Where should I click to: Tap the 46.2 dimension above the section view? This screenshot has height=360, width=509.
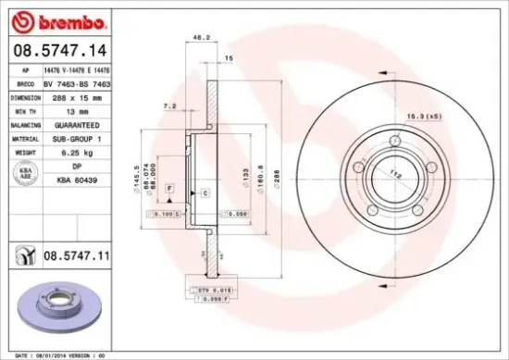coord(197,38)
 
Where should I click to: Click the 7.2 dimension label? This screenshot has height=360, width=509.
coord(169,106)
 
